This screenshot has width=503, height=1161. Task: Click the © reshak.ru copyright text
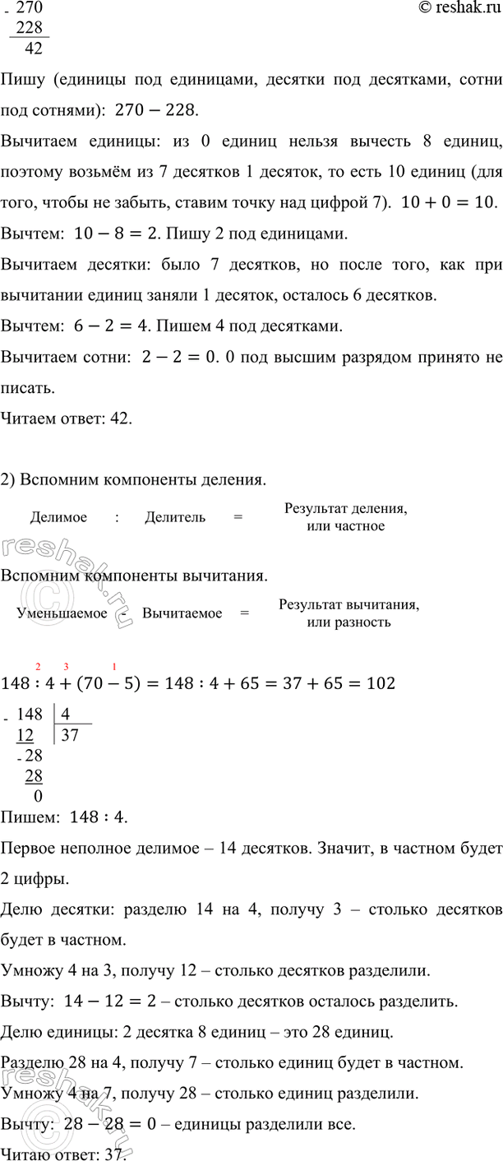[x=455, y=8]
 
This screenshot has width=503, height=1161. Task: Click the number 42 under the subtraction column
[x=35, y=48]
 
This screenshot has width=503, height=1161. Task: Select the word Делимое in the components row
[x=56, y=517]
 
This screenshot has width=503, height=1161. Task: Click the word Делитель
[x=175, y=517]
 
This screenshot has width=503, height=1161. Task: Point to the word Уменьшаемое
[x=62, y=613]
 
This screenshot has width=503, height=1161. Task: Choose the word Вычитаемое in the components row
[x=182, y=613]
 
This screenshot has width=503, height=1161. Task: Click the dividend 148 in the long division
[x=29, y=715]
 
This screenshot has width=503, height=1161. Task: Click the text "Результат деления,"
[x=345, y=509]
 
